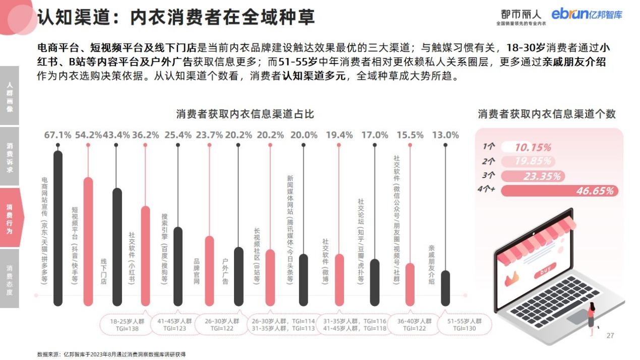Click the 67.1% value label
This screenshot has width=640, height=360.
click(x=58, y=135)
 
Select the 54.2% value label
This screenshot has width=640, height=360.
click(x=88, y=135)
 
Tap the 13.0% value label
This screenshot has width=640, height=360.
click(x=445, y=135)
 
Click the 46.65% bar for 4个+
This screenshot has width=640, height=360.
click(x=559, y=191)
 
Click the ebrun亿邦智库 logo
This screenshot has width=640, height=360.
click(x=587, y=14)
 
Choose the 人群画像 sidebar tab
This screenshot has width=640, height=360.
click(x=10, y=95)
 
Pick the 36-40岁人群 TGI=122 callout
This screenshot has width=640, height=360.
click(x=415, y=325)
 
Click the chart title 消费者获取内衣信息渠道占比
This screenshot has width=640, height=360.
click(x=245, y=114)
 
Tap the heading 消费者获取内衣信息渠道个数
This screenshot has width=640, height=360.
click(x=547, y=114)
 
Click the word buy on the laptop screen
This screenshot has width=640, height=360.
click(x=545, y=271)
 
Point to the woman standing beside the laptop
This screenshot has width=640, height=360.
click(x=591, y=318)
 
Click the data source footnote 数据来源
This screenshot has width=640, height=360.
click(x=111, y=354)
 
